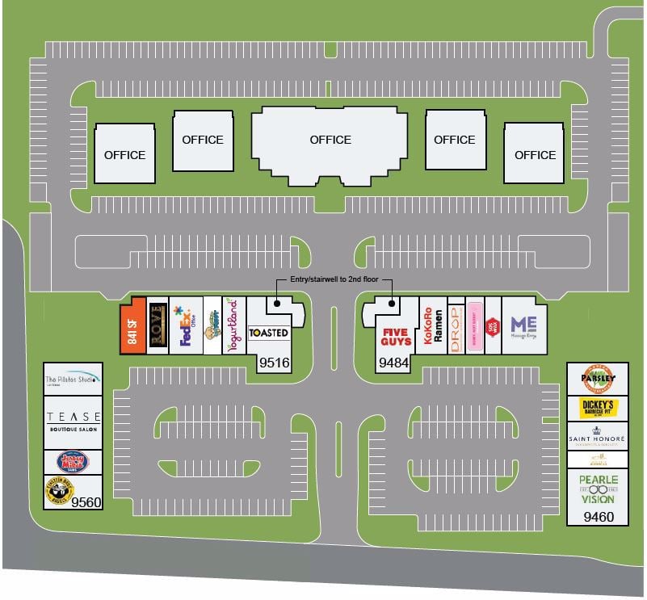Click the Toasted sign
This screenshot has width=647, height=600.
pyautogui.click(x=268, y=333)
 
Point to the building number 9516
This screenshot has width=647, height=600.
pyautogui.click(x=274, y=364)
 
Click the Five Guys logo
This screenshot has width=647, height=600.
pyautogui.click(x=396, y=336)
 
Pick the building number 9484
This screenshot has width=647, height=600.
pyautogui.click(x=394, y=364)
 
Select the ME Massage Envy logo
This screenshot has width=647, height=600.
pyautogui.click(x=523, y=327)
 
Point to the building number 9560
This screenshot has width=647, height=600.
pyautogui.click(x=86, y=502)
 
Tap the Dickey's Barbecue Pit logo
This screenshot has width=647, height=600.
pyautogui.click(x=597, y=408)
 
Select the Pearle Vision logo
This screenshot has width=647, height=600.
pyautogui.click(x=598, y=489)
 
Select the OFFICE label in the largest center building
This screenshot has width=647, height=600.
pyautogui.click(x=330, y=140)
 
